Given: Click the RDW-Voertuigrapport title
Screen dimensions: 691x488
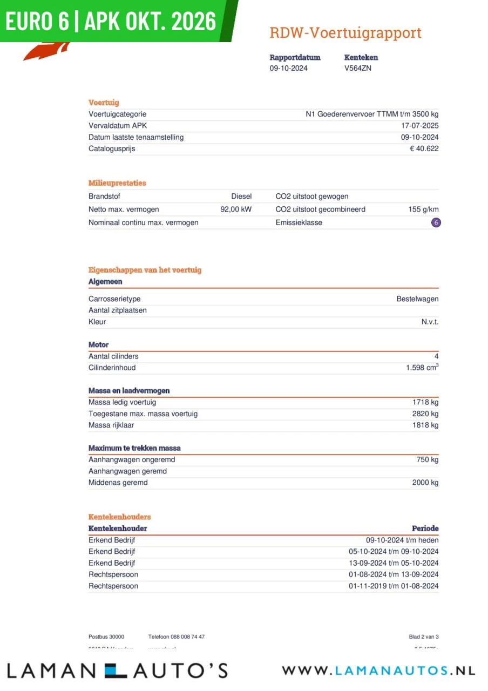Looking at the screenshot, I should (345, 33).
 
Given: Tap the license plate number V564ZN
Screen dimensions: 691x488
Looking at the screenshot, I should (357, 68).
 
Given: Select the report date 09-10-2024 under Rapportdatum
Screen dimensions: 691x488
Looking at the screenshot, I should (288, 68).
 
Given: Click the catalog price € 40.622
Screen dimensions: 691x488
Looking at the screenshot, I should (424, 148).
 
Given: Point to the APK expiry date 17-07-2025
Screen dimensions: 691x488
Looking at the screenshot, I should (420, 126).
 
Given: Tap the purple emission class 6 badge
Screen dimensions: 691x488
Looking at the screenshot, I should (436, 222).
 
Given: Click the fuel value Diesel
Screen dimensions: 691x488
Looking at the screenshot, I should (241, 197).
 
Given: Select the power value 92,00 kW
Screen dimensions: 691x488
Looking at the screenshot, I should (236, 209).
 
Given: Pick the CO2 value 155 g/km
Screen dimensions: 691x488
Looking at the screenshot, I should (423, 209).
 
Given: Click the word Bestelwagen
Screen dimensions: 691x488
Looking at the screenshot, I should (417, 299).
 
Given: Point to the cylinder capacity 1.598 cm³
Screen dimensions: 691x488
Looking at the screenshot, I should (422, 368).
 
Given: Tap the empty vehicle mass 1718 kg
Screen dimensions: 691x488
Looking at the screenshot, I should (425, 402).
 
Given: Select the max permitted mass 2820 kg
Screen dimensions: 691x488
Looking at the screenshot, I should (425, 414).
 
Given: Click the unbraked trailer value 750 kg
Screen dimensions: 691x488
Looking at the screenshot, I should (428, 459).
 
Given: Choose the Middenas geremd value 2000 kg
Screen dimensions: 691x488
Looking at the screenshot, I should (425, 483).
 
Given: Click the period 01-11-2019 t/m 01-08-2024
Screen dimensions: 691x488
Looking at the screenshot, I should (393, 586).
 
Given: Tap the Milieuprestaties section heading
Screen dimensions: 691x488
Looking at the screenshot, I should (117, 183).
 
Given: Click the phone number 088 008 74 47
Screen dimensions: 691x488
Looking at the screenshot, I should (176, 637).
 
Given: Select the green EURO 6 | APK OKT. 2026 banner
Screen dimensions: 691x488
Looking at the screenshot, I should (111, 21).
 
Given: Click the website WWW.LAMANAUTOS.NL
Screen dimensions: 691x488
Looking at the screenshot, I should (378, 670).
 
